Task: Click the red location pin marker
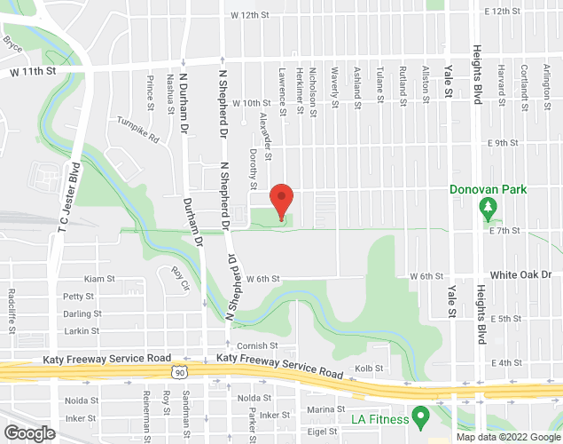pos(281,200)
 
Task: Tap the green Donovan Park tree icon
pos(487,209)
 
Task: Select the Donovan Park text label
pos(488,189)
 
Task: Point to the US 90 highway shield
pos(180,373)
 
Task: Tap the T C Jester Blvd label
pos(63,205)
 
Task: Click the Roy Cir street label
pos(180,279)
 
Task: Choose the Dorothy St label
pos(253,168)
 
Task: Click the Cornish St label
pos(257,345)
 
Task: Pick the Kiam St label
pos(99,279)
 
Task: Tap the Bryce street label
pos(12,42)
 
